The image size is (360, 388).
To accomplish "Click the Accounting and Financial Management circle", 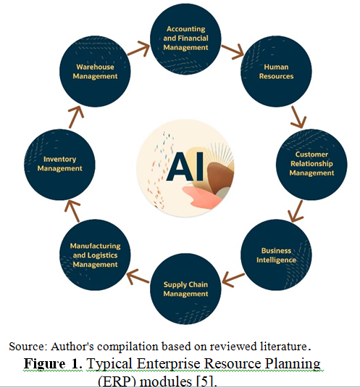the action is click(x=185, y=39).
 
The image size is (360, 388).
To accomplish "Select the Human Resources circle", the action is click(x=276, y=71).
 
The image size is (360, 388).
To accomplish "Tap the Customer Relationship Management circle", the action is click(x=311, y=165).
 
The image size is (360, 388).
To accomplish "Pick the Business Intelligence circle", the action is click(x=276, y=255).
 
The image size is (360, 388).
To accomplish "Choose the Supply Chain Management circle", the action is click(x=185, y=289).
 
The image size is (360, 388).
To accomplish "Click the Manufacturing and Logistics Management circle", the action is click(x=95, y=255).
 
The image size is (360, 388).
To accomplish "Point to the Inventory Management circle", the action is click(x=59, y=165).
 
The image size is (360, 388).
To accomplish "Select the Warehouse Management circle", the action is click(x=95, y=71).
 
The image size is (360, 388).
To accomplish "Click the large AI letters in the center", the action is click(x=185, y=166).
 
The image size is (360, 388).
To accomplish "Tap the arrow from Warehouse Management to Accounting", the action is click(x=139, y=49).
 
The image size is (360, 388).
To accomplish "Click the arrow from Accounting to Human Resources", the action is click(x=233, y=51).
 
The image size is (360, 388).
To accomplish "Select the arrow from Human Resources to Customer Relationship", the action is click(x=298, y=117).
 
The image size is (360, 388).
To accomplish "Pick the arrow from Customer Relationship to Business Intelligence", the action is click(x=296, y=211).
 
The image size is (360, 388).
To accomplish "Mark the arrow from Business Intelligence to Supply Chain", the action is click(x=233, y=280).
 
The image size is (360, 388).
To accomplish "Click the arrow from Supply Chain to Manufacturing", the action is click(x=138, y=277).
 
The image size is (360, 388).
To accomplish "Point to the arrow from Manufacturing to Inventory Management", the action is click(x=72, y=211).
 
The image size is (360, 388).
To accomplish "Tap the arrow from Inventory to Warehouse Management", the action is click(x=76, y=117).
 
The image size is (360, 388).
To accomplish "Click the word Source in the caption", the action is click(x=28, y=347).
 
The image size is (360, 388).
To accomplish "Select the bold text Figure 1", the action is click(x=53, y=364).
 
